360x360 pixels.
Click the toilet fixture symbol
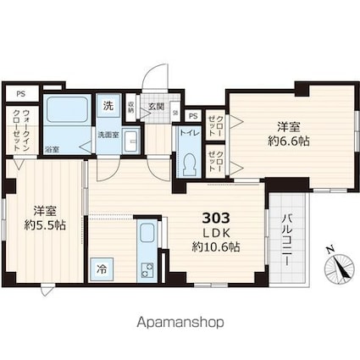tap(188, 159)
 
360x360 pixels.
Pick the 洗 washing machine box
tap(108, 107)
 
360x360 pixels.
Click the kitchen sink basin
tap(146, 234)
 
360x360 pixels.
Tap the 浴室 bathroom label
tap(52, 149)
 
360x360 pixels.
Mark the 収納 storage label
tap(130, 107)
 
